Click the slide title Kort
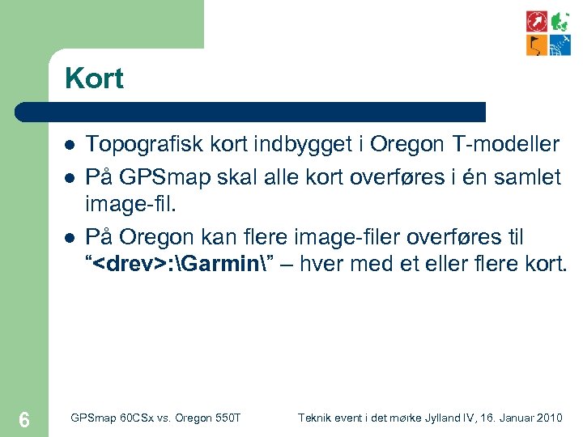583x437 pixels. coord(94,78)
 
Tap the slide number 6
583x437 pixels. coord(24,419)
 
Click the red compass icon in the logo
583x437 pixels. coord(537,21)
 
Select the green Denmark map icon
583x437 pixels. coord(560,21)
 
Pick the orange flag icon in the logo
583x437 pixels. coord(537,45)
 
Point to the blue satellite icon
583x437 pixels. coord(560,45)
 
